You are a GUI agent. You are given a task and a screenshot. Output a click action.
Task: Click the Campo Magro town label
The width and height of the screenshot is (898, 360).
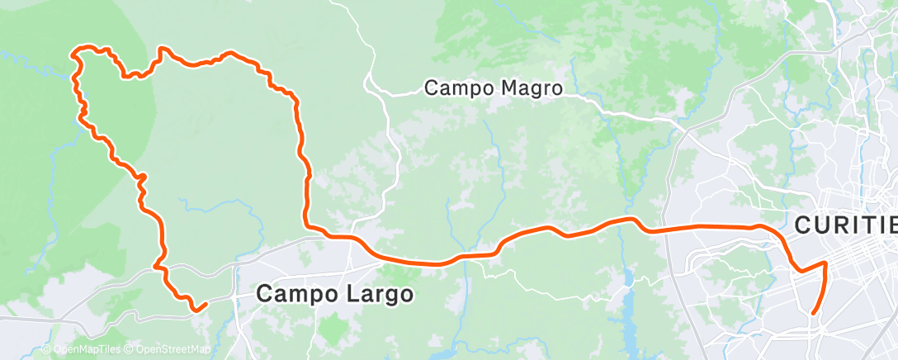[493, 88]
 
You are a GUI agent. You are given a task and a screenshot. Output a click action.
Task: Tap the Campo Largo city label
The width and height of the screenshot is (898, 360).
[334, 293]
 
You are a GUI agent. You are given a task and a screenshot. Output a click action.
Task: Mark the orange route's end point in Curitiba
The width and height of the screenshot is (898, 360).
[814, 313]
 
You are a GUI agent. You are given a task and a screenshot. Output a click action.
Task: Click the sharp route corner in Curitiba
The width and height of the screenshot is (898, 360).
[825, 263]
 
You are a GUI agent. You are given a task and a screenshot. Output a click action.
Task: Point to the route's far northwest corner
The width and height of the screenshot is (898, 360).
[76, 52]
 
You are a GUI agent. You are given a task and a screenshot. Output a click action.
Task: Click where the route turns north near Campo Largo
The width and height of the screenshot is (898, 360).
[308, 224]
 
